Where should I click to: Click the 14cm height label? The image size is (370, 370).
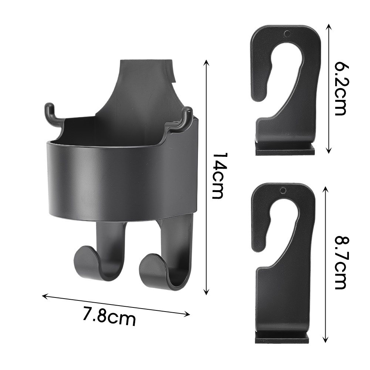pos(218,175)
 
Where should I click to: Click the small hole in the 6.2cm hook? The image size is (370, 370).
pos(287,34)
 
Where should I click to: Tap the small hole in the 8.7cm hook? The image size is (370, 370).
pos(283,191)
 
